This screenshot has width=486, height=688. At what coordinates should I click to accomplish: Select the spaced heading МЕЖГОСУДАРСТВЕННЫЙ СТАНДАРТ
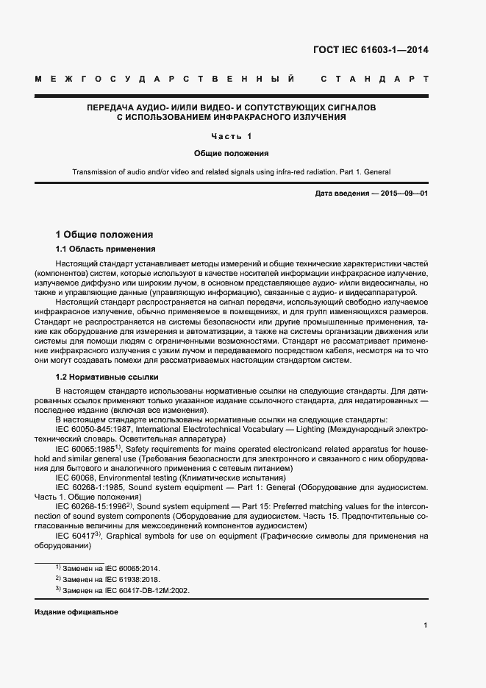231,79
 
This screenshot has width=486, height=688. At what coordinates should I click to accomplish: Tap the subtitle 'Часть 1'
231,137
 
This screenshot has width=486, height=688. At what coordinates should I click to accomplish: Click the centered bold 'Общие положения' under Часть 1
231,154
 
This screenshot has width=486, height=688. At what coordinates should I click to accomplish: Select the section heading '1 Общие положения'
104,235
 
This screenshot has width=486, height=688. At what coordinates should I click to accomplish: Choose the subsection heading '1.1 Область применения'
106,249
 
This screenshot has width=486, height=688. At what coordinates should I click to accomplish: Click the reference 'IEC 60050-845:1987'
96,428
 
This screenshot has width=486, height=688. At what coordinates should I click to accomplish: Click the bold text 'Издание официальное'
76,612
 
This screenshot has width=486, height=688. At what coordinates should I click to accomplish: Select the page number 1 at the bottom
426,625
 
